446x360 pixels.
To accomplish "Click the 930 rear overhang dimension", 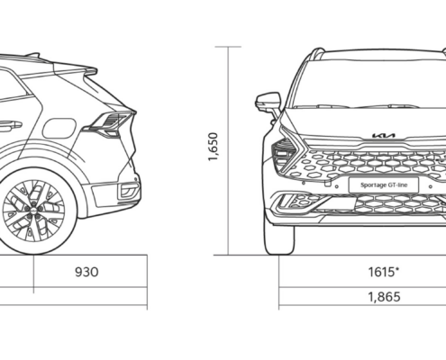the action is pos(86,272).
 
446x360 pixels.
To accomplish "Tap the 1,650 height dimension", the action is pos(213,147).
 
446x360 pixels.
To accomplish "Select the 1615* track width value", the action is pos(384,272).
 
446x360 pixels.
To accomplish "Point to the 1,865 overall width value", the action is pos(384,297).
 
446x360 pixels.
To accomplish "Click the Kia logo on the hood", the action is pos(384,136).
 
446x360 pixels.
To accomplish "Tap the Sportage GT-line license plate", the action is pos(384,184).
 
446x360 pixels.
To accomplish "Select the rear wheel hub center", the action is pos(33,210).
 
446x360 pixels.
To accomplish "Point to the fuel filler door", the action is pos(59,129).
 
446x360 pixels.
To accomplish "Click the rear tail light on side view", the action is pos(110,123).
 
